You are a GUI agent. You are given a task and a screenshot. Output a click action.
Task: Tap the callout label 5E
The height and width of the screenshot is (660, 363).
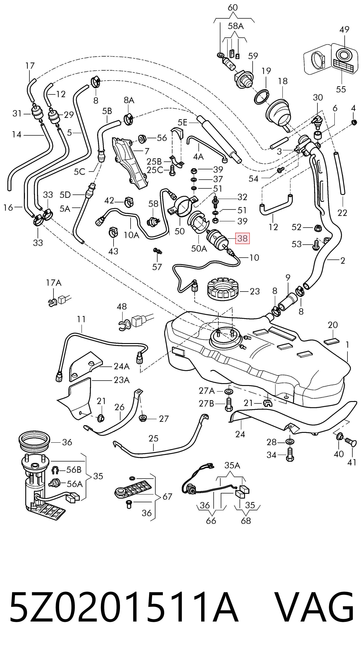(183, 122)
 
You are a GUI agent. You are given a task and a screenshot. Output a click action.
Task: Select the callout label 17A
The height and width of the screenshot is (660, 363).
(54, 283)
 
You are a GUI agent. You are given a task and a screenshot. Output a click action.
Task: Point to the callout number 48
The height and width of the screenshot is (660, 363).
(122, 306)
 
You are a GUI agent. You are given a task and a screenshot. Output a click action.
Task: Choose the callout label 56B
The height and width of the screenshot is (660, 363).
(74, 470)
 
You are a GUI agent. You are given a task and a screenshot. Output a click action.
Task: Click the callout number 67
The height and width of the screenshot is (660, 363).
(167, 497)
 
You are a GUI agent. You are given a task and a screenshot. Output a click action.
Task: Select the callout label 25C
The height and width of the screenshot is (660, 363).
(155, 170)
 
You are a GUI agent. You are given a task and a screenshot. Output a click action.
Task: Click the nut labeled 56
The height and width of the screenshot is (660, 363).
(142, 139)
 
